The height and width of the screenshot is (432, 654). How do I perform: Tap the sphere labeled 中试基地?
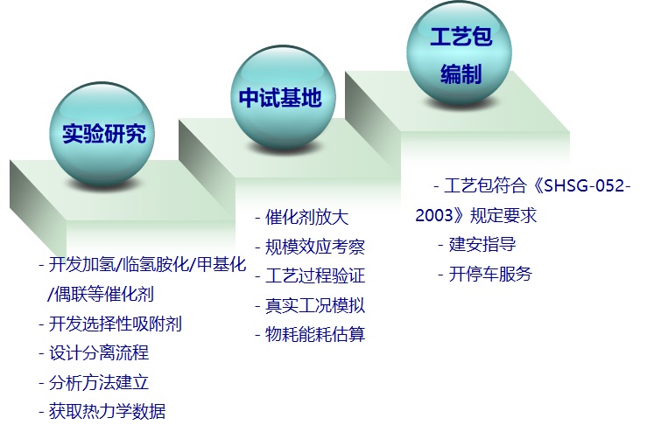point(283,98)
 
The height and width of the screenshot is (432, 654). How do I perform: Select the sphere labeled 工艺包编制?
point(460,54)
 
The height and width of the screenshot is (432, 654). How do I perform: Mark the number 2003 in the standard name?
point(433,215)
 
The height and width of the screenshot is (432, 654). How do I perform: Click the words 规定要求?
point(503,215)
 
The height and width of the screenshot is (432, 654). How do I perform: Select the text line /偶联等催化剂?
point(101,294)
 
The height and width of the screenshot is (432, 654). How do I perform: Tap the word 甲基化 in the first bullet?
point(222,264)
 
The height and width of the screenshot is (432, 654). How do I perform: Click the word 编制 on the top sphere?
point(461,74)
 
